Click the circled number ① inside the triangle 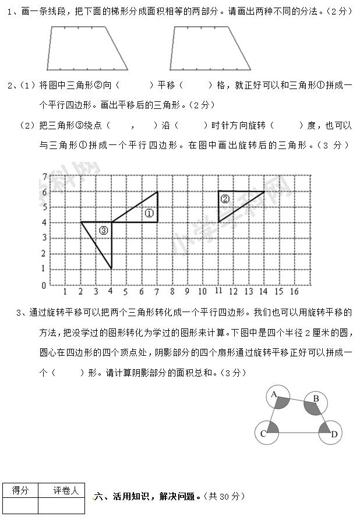click(x=149, y=213)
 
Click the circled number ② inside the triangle click(x=225, y=199)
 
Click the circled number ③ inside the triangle click(x=103, y=231)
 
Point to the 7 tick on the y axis click(x=44, y=176)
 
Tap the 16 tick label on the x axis click(x=294, y=291)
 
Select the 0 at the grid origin click(x=44, y=285)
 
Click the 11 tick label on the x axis click(x=218, y=291)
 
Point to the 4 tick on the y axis click(x=44, y=222)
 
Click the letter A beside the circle click(x=273, y=394)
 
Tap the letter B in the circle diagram click(x=316, y=398)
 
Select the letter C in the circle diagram click(x=263, y=434)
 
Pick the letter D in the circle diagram click(x=334, y=434)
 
